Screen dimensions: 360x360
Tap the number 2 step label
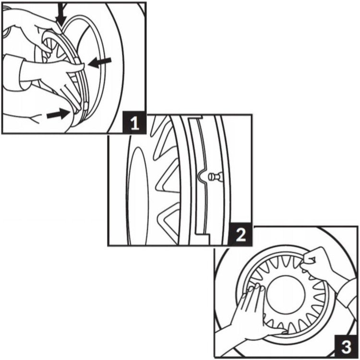coord(240,235)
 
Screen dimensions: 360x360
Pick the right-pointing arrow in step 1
coord(58,115)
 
